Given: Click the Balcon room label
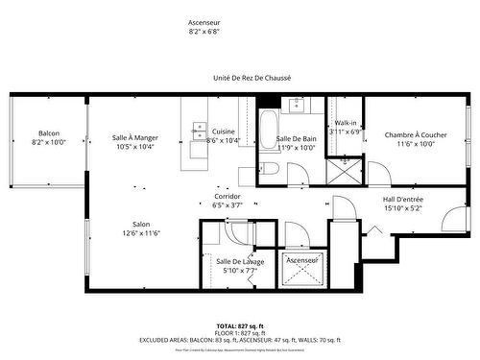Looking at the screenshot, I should pos(49,132).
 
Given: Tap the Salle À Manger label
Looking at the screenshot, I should pos(134,137).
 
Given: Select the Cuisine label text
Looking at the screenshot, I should pos(224,132).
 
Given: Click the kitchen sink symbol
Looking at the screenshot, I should pos(200,130).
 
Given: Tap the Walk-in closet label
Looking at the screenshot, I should pos(345,123).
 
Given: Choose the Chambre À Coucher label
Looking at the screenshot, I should pos(421,135).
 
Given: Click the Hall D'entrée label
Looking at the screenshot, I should pos(402,199).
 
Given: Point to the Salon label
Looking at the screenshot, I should pos(141,225).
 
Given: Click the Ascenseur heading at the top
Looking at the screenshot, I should pos(204,21).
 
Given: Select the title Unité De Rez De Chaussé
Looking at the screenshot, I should pos(252,78).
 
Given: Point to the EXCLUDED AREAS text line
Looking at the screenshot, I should pos(240,341).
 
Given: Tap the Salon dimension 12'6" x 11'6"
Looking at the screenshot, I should pos(141,233).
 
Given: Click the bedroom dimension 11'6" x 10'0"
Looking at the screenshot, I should pos(421,144).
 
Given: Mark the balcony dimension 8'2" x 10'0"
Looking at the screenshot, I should pos(49,142).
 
